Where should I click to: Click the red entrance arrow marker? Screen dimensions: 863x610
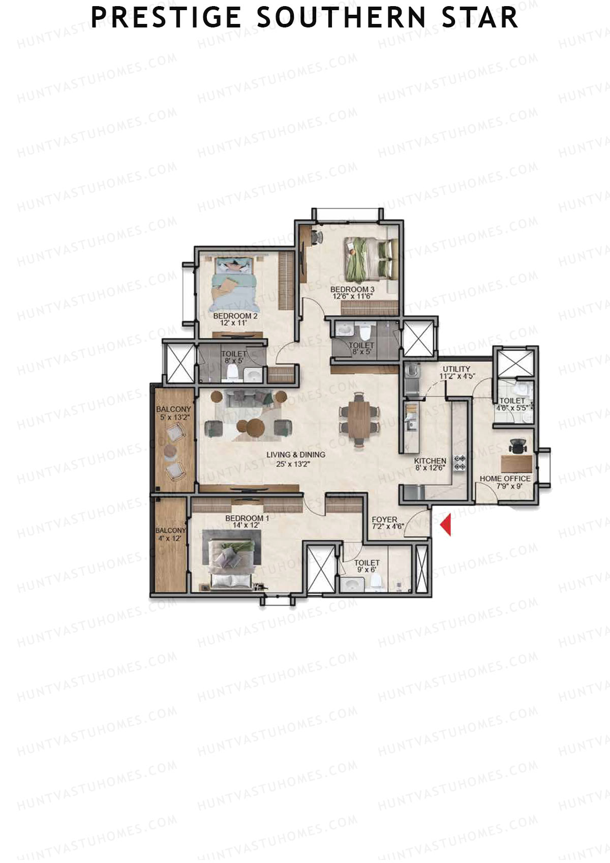446,525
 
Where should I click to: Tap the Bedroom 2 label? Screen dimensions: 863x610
235,316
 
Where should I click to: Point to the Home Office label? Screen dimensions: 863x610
505,479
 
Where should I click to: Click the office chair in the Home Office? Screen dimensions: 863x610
518,445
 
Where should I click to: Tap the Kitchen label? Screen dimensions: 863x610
430,461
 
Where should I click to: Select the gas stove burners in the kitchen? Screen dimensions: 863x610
460,462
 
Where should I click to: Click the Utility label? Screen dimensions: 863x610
456,369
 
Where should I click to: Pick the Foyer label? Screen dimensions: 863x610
384,520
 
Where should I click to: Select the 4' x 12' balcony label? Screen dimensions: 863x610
171,538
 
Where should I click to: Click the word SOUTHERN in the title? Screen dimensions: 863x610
341,17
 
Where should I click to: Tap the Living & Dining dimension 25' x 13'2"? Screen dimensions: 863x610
296,464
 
